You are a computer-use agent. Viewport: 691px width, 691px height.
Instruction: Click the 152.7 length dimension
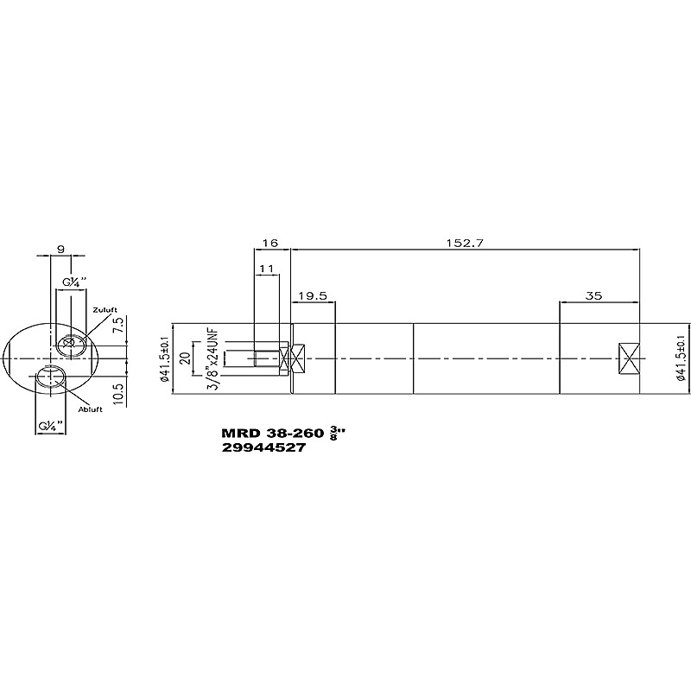[x=466, y=244]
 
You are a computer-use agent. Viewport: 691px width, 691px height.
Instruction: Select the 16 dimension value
[x=270, y=244]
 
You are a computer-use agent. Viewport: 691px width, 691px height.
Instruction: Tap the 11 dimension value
[x=267, y=269]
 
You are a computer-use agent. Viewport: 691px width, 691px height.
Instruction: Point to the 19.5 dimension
[x=313, y=295]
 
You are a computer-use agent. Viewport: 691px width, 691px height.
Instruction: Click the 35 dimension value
[x=593, y=295]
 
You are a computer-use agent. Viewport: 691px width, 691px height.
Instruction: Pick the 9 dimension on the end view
[x=60, y=249]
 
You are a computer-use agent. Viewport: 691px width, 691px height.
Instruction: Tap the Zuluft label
[x=105, y=310]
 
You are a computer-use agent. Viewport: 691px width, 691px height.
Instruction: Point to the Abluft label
[x=91, y=409]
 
